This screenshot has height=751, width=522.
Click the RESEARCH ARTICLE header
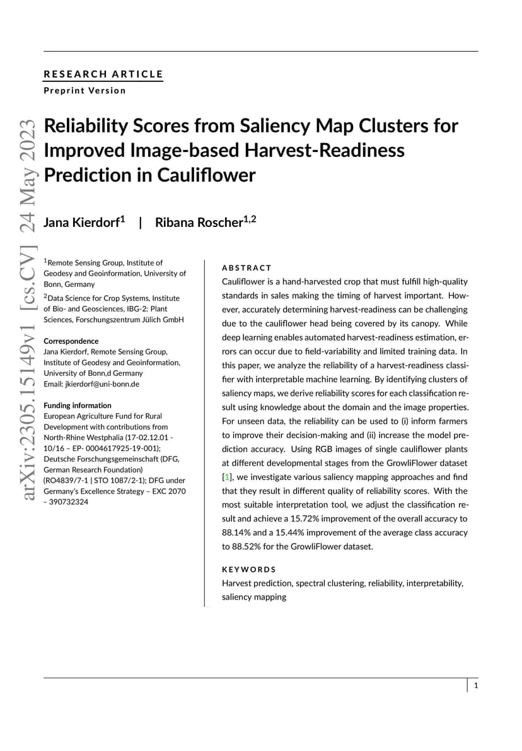[x=103, y=74]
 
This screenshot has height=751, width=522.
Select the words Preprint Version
[x=84, y=90]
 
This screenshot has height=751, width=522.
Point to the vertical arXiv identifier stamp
[x=30, y=309]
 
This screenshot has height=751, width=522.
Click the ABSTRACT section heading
[x=246, y=268]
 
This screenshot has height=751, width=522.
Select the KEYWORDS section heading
[x=249, y=569]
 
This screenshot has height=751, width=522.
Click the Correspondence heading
[x=71, y=341]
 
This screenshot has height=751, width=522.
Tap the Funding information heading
[x=77, y=405]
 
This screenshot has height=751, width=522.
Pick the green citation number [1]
[x=226, y=477]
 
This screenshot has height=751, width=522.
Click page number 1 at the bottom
[x=476, y=685]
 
